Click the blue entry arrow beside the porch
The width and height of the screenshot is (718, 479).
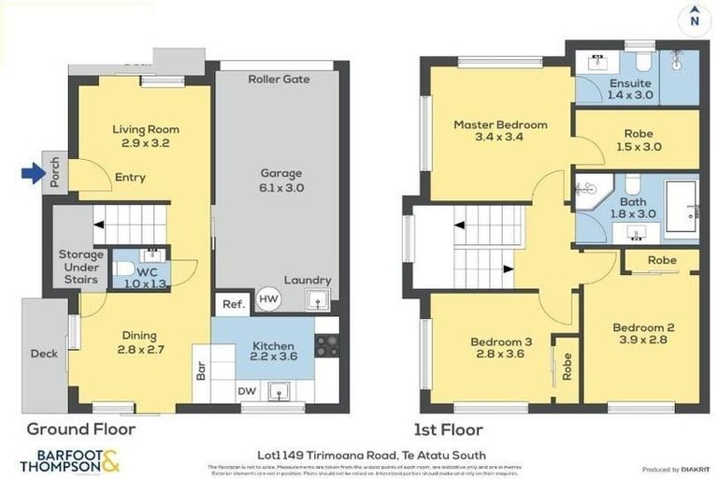(33, 172)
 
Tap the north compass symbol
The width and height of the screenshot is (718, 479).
(693, 17)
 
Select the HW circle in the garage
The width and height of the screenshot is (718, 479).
(269, 298)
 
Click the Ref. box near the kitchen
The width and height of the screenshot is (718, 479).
(230, 304)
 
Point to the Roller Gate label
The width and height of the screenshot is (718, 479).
(279, 80)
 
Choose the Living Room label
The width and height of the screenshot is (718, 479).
(146, 137)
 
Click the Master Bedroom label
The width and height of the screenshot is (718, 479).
(500, 132)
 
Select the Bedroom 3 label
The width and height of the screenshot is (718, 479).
(498, 348)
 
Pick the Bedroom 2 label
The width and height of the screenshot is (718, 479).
(643, 335)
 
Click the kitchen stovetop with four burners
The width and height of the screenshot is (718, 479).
(326, 345)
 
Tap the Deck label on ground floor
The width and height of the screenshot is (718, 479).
(43, 354)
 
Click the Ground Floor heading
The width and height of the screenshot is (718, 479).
(80, 430)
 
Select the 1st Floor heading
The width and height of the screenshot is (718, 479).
(449, 430)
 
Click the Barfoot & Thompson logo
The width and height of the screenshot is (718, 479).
(70, 460)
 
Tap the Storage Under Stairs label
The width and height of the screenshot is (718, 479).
(80, 267)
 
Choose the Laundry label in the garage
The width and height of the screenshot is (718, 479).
(308, 280)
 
